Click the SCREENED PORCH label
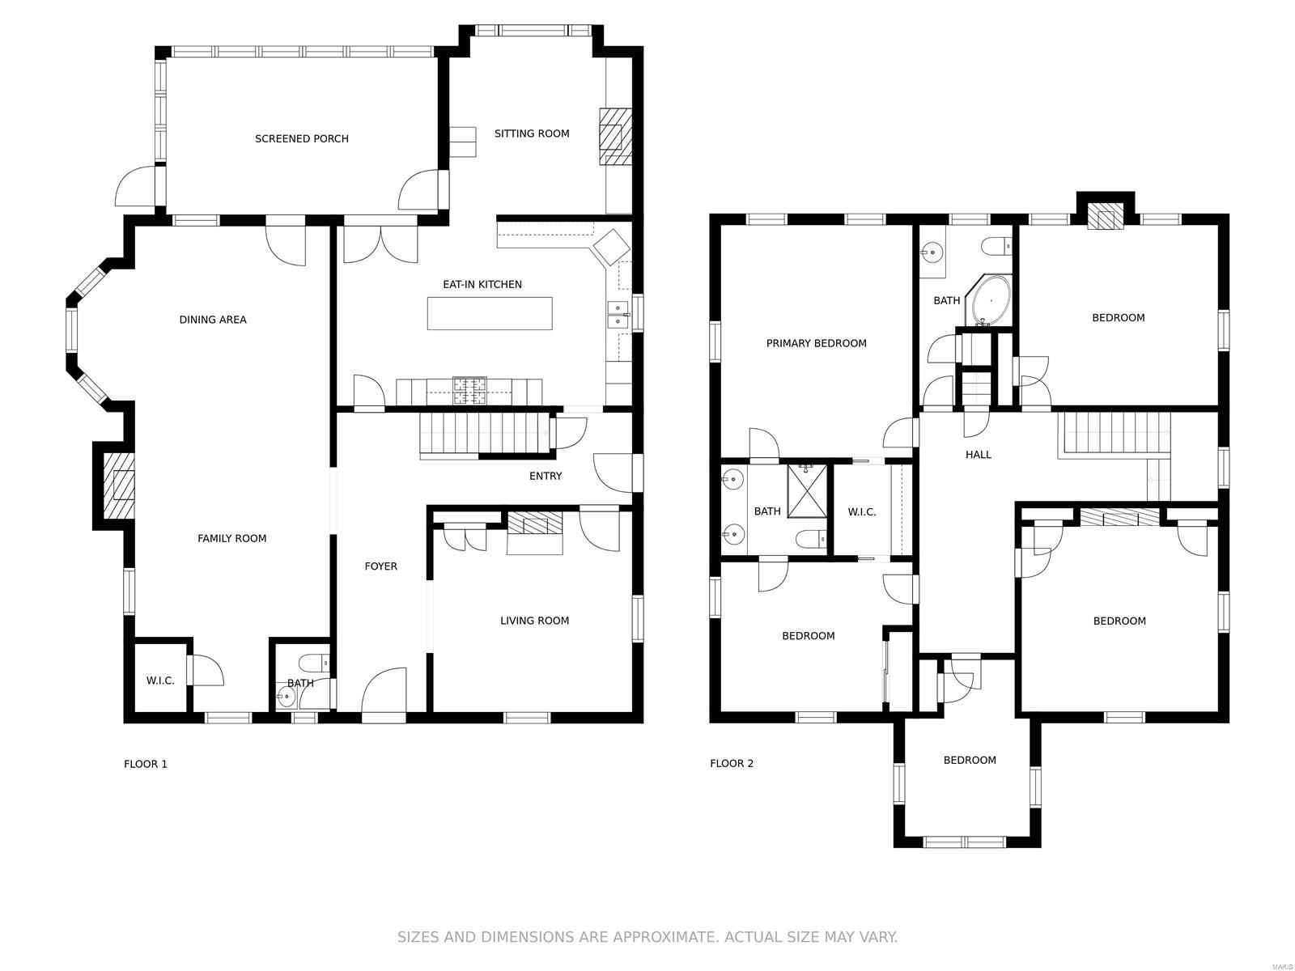point(301,138)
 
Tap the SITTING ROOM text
point(532,134)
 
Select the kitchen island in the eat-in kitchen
point(490,313)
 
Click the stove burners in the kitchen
point(470,391)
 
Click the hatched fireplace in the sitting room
point(614,137)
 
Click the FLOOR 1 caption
point(146,764)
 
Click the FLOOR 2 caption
point(732,763)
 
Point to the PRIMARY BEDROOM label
point(816,343)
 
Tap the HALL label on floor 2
point(978,455)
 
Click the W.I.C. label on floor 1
point(160,681)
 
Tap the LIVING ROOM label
point(534,621)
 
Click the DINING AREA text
point(213,320)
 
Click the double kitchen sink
point(618,314)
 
